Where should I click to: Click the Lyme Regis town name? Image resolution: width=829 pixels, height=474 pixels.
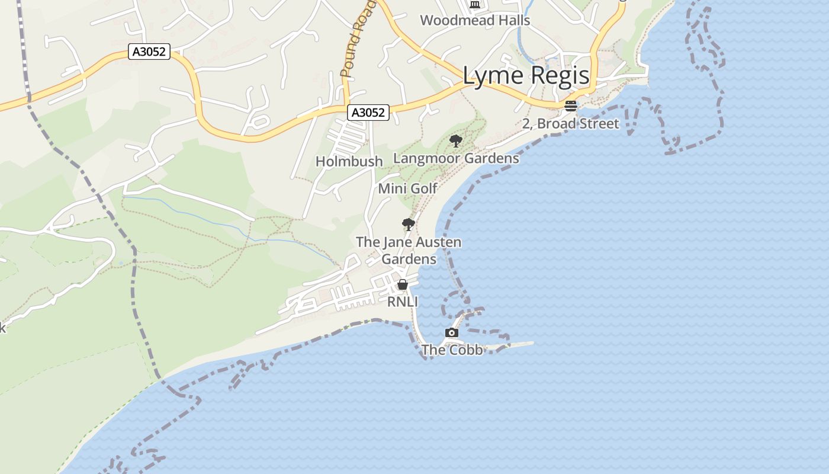coord(526,76)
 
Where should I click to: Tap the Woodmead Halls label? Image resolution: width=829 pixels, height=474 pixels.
coord(475,20)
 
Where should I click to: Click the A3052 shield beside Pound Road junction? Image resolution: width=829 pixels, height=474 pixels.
coord(368,113)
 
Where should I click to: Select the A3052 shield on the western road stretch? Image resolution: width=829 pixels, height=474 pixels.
coord(149,52)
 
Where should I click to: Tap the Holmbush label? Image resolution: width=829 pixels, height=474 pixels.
coord(349,161)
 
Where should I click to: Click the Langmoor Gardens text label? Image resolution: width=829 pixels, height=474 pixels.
coord(456,158)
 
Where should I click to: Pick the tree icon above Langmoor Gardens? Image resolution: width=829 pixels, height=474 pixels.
coord(455,141)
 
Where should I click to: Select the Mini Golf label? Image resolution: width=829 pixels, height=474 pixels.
coord(407,188)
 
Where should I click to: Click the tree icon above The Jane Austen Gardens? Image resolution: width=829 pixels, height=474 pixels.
coord(408,225)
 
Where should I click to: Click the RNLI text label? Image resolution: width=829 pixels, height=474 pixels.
coord(403,302)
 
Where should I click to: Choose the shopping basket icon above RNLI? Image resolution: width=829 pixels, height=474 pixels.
coord(403,285)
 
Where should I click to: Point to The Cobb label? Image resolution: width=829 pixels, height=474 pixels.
coord(452,350)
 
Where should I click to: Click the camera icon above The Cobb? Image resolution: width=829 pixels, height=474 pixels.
coord(452,333)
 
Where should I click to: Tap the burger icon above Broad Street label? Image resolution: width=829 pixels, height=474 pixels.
coord(571,106)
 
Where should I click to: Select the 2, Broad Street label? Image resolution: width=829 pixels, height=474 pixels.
coord(570,124)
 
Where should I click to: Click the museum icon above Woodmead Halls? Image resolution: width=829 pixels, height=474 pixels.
coord(475,5)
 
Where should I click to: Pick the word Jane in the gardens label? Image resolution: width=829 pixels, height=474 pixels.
coord(396,242)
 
